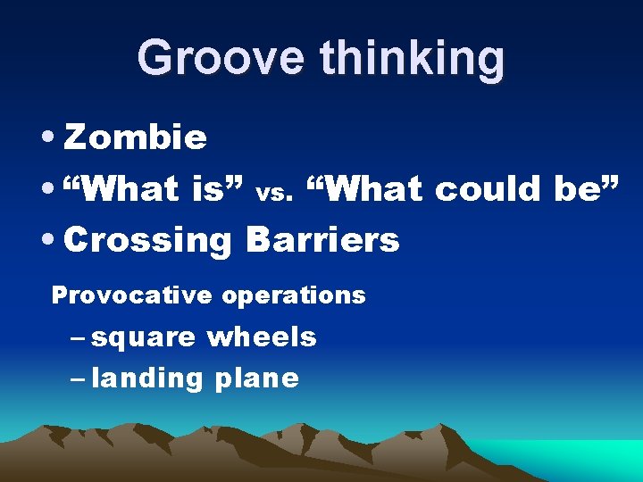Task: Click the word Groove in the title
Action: point(222,58)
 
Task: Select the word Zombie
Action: point(136,138)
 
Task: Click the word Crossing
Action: point(148,240)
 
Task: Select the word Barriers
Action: point(322,239)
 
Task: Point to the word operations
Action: point(294,295)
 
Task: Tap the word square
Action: point(143,338)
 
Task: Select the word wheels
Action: point(262,337)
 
